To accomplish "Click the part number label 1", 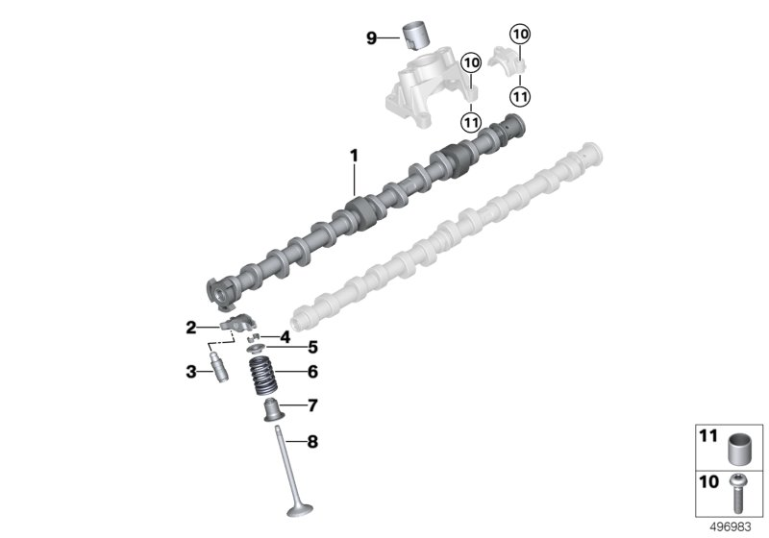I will tap(353, 155).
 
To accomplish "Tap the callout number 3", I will tap(190, 371).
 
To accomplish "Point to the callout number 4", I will tap(285, 336).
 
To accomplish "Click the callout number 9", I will tap(371, 38).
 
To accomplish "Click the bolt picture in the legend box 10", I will tap(737, 491).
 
